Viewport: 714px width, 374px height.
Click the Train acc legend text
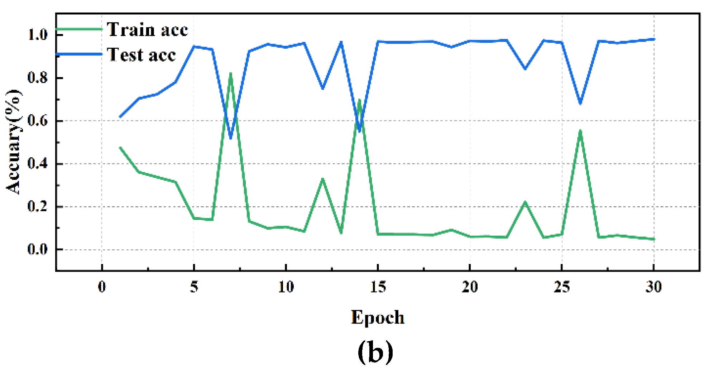tap(147, 29)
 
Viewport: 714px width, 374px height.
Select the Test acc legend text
tap(142, 55)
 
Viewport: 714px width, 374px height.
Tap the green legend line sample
tap(80, 29)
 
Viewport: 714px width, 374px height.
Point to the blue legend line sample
tap(80, 54)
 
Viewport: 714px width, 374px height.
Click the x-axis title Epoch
tap(378, 317)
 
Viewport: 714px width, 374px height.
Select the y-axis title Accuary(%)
tap(14, 142)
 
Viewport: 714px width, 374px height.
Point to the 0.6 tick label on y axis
tap(38, 121)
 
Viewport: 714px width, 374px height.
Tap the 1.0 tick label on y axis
tap(38, 35)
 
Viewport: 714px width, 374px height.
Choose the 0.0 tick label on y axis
tap(38, 249)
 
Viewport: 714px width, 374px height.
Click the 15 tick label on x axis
tap(378, 287)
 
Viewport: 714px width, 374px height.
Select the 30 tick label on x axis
tap(654, 287)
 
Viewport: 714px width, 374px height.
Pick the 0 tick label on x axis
tap(102, 287)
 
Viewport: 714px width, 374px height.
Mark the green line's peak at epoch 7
tap(231, 74)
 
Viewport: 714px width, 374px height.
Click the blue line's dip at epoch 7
tap(231, 138)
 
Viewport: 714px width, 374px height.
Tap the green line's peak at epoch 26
tap(580, 131)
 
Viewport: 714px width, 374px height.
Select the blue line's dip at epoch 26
tap(580, 104)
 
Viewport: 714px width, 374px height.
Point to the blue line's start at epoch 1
tap(120, 117)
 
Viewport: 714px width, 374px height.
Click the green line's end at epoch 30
tap(654, 239)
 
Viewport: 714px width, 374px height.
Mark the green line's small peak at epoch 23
tap(525, 203)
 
